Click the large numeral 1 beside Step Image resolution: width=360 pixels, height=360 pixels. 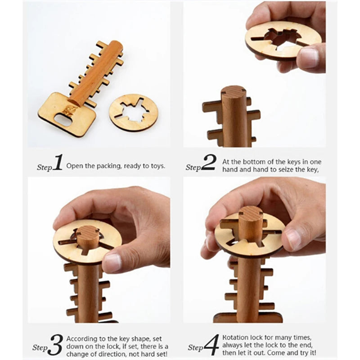click(x=58, y=162)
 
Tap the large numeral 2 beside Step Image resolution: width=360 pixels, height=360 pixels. click(x=208, y=162)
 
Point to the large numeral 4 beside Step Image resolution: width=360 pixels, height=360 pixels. click(x=211, y=345)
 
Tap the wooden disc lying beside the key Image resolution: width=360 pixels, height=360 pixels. click(x=134, y=112)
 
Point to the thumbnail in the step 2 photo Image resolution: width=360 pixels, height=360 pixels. click(x=309, y=58)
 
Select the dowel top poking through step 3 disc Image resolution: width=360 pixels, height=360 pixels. click(x=88, y=232)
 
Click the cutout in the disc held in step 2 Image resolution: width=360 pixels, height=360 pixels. click(x=279, y=38)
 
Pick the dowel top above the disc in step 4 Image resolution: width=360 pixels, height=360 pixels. click(x=250, y=213)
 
